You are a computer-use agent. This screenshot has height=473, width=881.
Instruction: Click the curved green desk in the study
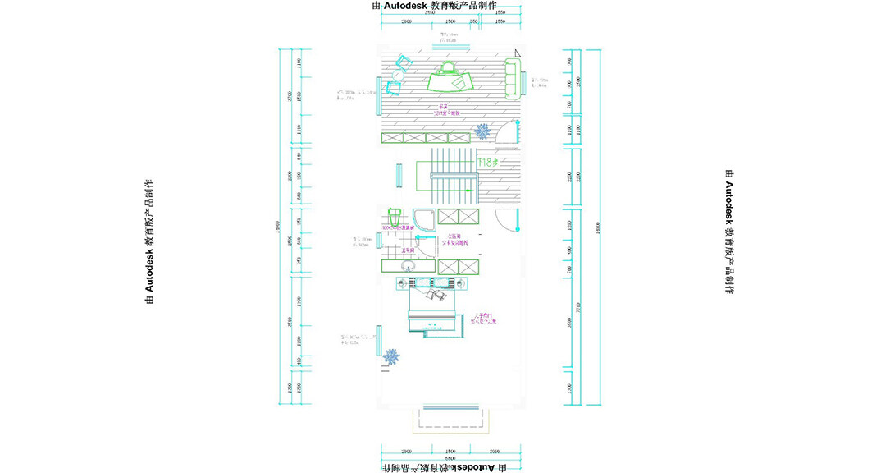(454, 80)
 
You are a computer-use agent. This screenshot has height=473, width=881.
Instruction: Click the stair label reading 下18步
(488, 163)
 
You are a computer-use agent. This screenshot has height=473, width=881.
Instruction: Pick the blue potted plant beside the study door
(482, 130)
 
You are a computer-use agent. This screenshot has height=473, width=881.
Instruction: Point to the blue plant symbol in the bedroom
(392, 357)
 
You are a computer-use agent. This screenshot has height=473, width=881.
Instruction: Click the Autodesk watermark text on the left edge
(148, 241)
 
